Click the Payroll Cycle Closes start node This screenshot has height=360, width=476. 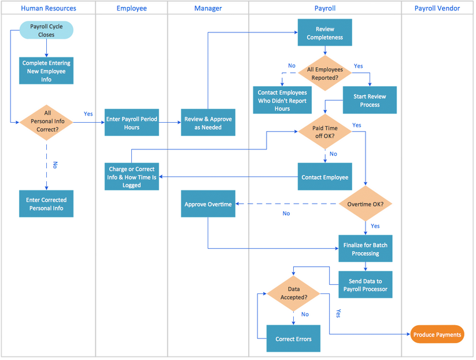[x=46, y=30]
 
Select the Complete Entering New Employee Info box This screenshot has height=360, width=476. [x=46, y=71]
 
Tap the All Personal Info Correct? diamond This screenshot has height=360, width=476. [x=46, y=122]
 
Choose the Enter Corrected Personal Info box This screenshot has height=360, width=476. [x=46, y=204]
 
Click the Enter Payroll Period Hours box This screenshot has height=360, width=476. [x=132, y=123]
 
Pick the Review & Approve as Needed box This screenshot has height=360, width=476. [x=208, y=123]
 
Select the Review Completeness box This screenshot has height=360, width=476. [x=324, y=33]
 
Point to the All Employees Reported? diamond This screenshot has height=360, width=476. [x=324, y=73]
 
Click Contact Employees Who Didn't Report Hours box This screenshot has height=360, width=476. [x=282, y=100]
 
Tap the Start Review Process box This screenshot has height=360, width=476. [x=370, y=100]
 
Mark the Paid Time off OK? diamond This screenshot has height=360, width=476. [x=324, y=133]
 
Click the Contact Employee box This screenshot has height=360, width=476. [x=324, y=177]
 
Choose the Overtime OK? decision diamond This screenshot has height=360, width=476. [x=366, y=204]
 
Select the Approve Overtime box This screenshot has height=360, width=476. [x=208, y=204]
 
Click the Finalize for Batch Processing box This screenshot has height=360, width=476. [x=366, y=249]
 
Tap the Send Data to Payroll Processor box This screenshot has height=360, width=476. [x=366, y=285]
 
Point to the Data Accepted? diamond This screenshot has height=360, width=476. [x=293, y=293]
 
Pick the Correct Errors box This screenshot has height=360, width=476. [x=293, y=339]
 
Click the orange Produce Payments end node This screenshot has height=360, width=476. [x=437, y=335]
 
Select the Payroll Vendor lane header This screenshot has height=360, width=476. [x=437, y=8]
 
